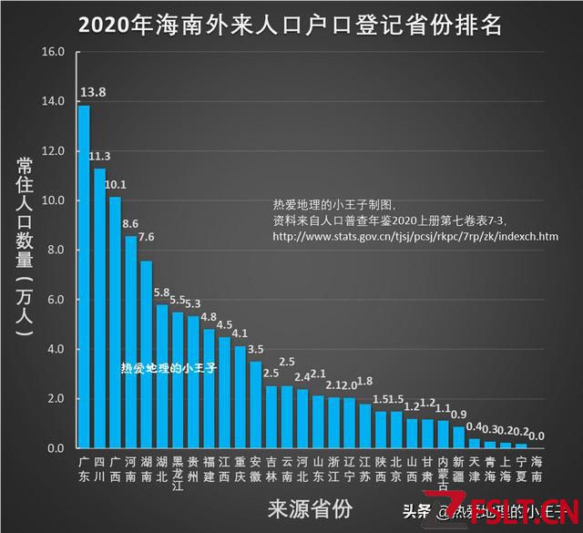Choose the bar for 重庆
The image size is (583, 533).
(x=240, y=397)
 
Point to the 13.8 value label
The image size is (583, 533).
(x=94, y=92)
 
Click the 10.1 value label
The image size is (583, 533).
(x=116, y=184)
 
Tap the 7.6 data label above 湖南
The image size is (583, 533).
(x=147, y=237)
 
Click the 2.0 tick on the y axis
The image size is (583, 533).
(x=56, y=399)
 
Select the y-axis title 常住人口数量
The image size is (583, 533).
(x=26, y=246)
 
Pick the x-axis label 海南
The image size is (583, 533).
(x=537, y=469)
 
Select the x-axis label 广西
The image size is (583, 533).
(x=116, y=469)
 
